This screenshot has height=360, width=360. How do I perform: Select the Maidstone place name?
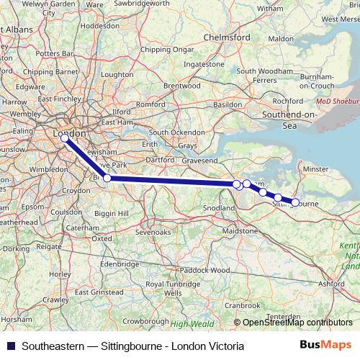pyautogui.click(x=240, y=231)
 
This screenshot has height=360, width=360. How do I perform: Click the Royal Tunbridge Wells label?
pyautogui.click(x=173, y=289)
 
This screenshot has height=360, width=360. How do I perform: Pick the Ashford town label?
pyautogui.click(x=330, y=284)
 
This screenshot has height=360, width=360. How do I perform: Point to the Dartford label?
pyautogui.click(x=161, y=158)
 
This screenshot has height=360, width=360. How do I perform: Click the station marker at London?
pyautogui.click(x=64, y=137)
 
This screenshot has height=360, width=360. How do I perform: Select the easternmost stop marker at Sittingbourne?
pyautogui.click(x=294, y=202)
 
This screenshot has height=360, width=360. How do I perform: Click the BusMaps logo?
pyautogui.click(x=325, y=346)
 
